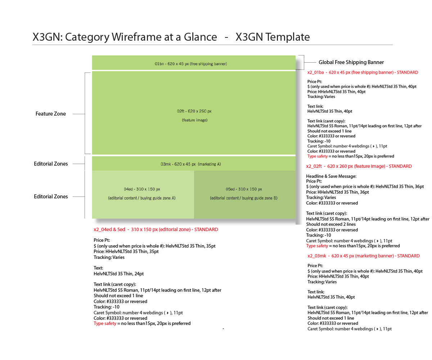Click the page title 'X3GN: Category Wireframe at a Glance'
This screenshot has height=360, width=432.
point(125,37)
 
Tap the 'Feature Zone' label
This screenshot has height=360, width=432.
point(51,114)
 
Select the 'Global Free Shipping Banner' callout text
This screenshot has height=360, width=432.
point(351,62)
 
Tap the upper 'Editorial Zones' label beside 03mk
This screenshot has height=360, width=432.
point(51,164)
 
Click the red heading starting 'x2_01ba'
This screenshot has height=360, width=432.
point(363,72)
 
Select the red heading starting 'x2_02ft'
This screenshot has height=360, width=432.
point(359,166)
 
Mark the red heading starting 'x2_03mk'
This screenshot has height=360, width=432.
point(363,256)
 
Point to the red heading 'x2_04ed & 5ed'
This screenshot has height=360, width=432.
point(156,229)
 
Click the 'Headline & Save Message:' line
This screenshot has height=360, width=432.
point(331,176)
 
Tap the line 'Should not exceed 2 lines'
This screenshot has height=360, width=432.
point(331,224)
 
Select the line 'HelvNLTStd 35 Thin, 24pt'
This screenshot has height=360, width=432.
point(119,274)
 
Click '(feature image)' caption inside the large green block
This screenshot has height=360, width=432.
point(194,120)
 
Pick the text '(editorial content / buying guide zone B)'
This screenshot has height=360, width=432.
point(244,198)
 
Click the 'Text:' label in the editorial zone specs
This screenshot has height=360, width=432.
point(98,268)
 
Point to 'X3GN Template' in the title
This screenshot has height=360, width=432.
point(273,37)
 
